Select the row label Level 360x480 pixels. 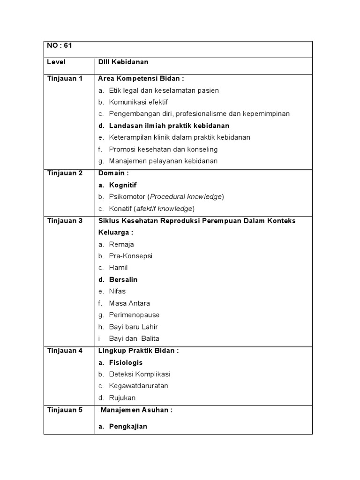tap(56, 62)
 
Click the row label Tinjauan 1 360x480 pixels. tap(65, 78)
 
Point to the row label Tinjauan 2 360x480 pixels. tap(65, 173)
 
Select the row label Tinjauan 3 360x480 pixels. tap(65, 220)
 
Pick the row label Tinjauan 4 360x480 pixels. tap(65, 350)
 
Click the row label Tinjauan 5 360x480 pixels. tap(65, 410)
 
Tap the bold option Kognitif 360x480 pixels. tap(123, 185)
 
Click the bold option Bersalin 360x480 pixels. tap(123, 279)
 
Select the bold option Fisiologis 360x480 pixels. tap(126, 362)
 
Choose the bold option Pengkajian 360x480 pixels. tap(128, 426)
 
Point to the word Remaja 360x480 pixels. tap(121, 244)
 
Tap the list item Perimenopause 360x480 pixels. tap(134, 315)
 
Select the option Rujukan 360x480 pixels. tap(122, 397)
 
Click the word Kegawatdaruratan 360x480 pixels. tap(138, 386)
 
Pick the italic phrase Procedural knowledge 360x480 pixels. tap(186, 197)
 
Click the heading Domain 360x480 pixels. tap(112, 173)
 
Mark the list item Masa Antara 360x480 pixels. tap(129, 303)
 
